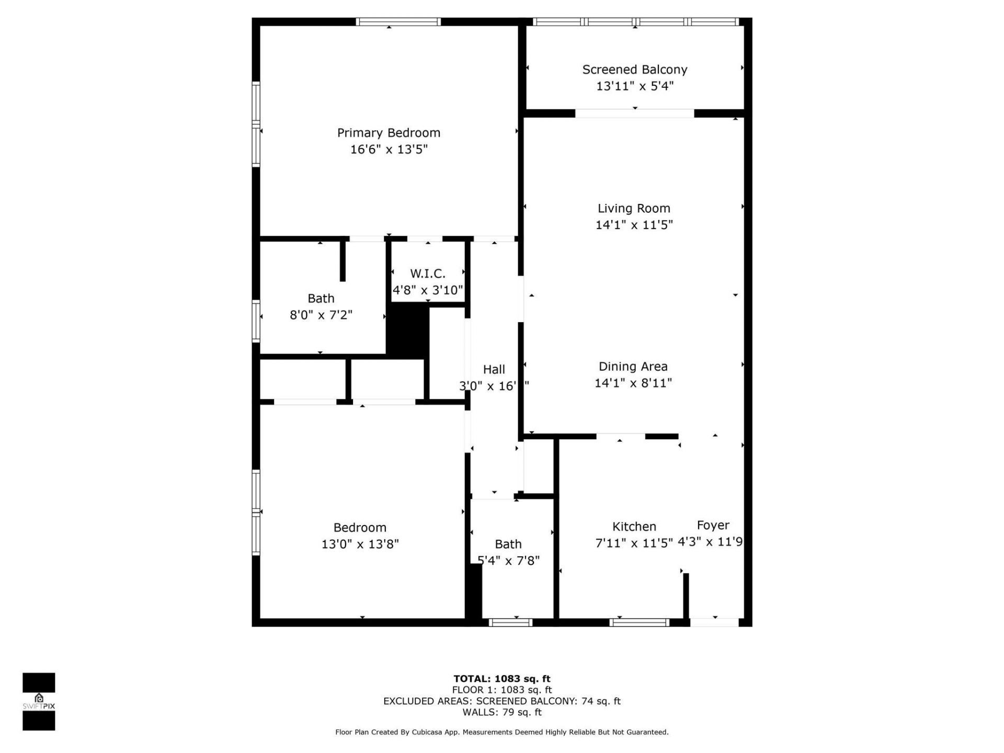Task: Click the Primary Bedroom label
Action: point(389,133)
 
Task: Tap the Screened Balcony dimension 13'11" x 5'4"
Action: point(635,86)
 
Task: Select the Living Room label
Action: point(634,208)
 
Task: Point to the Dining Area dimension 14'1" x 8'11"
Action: point(633,383)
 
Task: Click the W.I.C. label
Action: point(427,273)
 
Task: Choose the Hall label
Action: point(494,369)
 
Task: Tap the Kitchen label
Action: point(634,527)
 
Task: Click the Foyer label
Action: point(713,525)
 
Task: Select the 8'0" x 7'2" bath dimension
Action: point(321,315)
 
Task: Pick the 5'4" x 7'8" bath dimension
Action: point(508,561)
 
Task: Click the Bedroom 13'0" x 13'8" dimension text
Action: point(360,544)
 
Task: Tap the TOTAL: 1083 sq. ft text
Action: point(501,679)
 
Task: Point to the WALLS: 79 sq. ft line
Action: point(501,712)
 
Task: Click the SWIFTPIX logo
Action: point(39,701)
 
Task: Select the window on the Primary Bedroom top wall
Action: point(398,22)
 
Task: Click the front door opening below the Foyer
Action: point(714,622)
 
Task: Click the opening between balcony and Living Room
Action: point(634,113)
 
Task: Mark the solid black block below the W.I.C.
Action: point(407,330)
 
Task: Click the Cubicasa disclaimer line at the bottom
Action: point(501,732)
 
